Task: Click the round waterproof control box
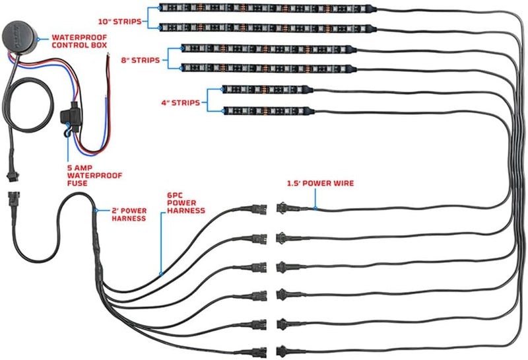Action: (20, 38)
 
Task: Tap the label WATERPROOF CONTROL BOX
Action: (79, 41)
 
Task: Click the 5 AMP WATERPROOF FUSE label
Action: (94, 176)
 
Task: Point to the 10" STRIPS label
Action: (120, 22)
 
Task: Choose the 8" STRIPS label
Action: (141, 60)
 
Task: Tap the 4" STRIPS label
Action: (180, 103)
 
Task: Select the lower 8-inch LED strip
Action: (269, 69)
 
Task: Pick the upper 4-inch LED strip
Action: (268, 90)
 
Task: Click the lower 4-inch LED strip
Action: (269, 110)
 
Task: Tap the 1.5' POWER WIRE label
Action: (320, 184)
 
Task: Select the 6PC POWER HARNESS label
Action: (186, 203)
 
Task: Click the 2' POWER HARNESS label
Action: (129, 215)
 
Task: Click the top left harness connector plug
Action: (259, 209)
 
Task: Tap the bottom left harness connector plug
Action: (259, 352)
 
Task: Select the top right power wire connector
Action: (284, 207)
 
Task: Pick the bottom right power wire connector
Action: (284, 351)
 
